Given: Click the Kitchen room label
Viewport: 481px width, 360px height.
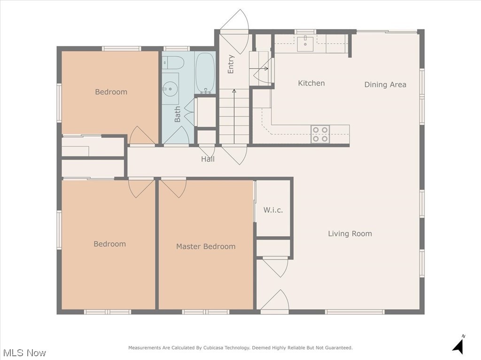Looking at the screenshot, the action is (311, 83).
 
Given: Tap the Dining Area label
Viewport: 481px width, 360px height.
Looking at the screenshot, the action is (385, 84).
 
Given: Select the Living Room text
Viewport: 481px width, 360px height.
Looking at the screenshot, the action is (350, 234).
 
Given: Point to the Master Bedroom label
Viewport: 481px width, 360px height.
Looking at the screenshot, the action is (206, 246).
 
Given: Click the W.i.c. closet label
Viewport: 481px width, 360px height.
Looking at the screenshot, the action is (273, 210).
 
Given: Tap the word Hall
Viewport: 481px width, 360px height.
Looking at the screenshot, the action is (208, 159).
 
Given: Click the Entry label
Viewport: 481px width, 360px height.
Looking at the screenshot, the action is (231, 64).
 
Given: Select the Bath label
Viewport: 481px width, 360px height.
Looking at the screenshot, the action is (177, 115).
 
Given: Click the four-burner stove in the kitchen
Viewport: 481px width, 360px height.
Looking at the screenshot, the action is (320, 134).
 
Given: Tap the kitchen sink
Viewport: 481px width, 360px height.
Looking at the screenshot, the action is (305, 41).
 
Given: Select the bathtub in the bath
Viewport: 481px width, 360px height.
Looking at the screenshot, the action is (205, 73).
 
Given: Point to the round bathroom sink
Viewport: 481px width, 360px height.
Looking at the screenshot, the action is (169, 89).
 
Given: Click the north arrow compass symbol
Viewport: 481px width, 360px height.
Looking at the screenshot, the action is (459, 345).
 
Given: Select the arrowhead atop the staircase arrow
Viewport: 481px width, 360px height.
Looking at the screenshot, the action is (234, 91).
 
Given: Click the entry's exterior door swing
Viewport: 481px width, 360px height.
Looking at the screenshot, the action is (234, 28).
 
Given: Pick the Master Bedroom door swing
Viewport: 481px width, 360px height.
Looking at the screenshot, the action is (174, 188).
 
